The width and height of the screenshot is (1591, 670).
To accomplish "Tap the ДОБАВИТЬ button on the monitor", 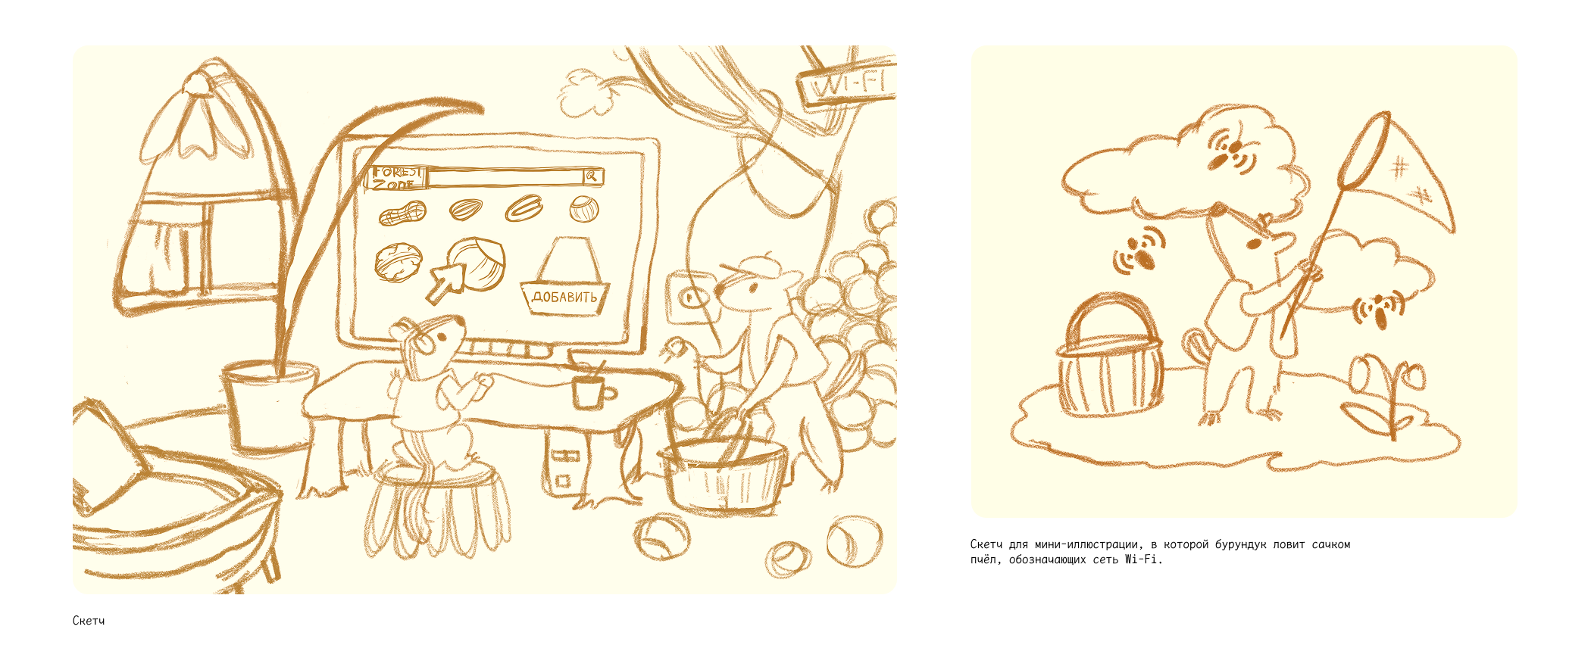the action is (x=564, y=296).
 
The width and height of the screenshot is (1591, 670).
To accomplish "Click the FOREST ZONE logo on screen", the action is (x=396, y=177).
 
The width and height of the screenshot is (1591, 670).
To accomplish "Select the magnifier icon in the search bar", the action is (x=592, y=176).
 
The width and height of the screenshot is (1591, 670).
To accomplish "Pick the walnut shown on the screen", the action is (x=397, y=263).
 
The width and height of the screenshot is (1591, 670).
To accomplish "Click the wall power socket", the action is (x=690, y=297).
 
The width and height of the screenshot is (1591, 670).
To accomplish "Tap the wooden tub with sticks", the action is (x=724, y=474).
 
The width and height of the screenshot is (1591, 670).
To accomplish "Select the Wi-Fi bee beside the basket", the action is (x=1138, y=252).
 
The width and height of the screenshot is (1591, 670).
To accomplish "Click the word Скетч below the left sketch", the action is (x=89, y=621).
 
